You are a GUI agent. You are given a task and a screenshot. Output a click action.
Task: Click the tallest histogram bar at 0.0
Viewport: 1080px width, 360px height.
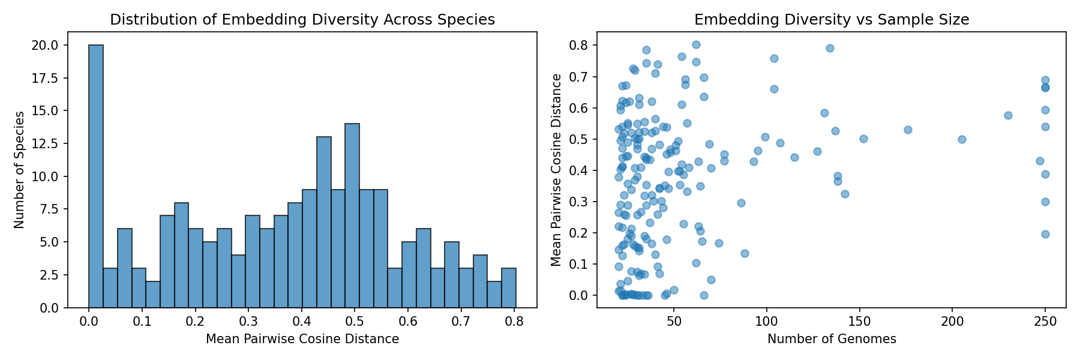tap(96, 176)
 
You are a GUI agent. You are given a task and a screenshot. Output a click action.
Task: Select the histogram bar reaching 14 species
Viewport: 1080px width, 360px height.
tap(352, 216)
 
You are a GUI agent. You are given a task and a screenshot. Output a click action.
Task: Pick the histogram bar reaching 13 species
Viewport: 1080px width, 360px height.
tap(324, 223)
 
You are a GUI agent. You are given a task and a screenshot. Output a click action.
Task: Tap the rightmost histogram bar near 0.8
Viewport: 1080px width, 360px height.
tap(509, 288)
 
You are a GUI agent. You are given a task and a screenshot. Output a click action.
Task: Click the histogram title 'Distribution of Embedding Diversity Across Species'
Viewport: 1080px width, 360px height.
tap(302, 20)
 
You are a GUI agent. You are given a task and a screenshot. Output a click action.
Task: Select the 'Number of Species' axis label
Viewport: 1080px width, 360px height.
tap(19, 170)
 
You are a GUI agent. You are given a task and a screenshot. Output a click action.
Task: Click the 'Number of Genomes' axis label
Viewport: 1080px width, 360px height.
tap(832, 339)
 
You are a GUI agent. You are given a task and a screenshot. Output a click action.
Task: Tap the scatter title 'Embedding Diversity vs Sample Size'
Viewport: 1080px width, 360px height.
tap(832, 20)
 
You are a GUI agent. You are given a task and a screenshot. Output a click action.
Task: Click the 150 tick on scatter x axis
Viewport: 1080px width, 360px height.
tap(860, 322)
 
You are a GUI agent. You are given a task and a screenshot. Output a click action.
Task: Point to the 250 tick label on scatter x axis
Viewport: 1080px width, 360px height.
tap(1045, 322)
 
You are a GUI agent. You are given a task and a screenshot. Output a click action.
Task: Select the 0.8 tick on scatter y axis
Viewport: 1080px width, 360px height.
tap(580, 46)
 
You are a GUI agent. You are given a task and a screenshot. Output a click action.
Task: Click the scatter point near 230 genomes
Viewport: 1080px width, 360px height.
tap(1008, 115)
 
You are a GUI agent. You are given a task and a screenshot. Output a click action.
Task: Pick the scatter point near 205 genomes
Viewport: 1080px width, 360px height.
tap(962, 139)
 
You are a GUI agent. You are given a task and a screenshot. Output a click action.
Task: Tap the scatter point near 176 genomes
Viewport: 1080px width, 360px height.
tap(908, 130)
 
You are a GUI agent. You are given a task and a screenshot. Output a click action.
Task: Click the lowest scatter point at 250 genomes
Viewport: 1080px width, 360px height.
tap(1045, 234)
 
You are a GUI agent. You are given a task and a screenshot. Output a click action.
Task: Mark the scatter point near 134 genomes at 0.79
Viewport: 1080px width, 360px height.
tap(830, 48)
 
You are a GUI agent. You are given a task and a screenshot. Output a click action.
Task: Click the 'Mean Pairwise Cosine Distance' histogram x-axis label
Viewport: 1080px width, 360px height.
tap(302, 339)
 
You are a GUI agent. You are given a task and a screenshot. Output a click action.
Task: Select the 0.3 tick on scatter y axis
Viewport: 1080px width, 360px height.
tap(580, 202)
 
